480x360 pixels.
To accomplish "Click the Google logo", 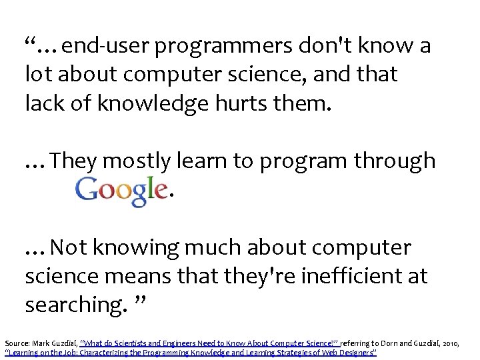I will [x=121, y=191].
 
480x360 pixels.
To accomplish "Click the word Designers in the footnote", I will [x=353, y=351].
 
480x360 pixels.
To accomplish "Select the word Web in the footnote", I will [x=323, y=351].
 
